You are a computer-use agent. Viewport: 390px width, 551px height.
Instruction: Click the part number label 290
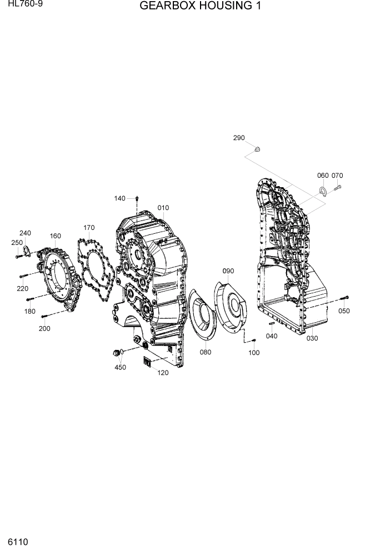point(239,138)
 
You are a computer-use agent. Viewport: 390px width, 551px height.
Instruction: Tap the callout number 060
point(323,176)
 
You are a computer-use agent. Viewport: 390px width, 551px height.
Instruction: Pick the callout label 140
point(120,198)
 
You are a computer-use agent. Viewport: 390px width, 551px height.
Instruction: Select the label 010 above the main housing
point(163,208)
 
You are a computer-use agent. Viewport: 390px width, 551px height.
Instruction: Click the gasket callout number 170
point(89,227)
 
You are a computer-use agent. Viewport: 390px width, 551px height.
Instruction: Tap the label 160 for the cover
point(55,236)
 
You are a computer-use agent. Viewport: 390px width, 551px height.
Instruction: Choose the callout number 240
point(26,233)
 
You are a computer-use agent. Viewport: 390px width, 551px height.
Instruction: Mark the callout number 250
point(17,243)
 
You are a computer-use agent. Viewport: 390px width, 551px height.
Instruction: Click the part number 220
point(22,288)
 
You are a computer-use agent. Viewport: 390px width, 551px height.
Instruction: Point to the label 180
point(29,311)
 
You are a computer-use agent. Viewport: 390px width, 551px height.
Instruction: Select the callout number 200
point(44,328)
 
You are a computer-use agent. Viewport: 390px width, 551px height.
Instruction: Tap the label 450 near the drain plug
point(120,367)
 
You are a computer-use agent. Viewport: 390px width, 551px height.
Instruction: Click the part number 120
point(163,373)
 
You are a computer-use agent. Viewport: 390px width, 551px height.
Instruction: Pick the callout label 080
point(206,352)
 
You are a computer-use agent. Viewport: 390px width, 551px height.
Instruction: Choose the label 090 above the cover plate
point(228,271)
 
